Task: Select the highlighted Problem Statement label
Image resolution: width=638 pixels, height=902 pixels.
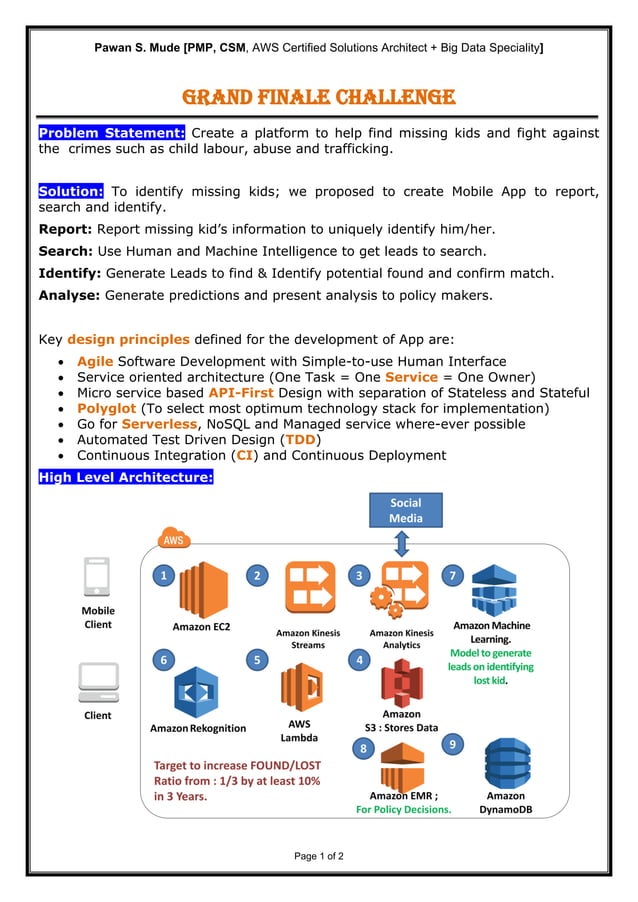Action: (x=111, y=133)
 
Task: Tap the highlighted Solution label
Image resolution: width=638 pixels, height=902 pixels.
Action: (x=71, y=191)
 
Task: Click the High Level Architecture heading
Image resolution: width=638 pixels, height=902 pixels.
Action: (x=125, y=477)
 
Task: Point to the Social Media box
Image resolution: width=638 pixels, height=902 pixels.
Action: (x=405, y=510)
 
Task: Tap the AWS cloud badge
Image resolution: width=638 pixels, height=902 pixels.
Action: (x=171, y=539)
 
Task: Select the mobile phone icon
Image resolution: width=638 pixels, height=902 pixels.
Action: (x=97, y=578)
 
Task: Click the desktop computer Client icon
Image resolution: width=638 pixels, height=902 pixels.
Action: (x=98, y=682)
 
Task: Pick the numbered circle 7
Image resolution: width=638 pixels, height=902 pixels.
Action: (x=453, y=575)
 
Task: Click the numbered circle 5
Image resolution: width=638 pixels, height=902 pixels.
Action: (x=257, y=659)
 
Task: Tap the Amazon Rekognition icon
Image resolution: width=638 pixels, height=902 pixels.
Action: (x=197, y=693)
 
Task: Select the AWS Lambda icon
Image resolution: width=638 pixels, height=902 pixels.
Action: (x=301, y=687)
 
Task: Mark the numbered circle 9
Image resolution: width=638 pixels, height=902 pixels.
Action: (x=453, y=744)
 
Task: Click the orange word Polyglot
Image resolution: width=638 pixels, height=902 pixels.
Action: (x=107, y=408)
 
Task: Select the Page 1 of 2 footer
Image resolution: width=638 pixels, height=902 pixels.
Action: (x=319, y=856)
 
